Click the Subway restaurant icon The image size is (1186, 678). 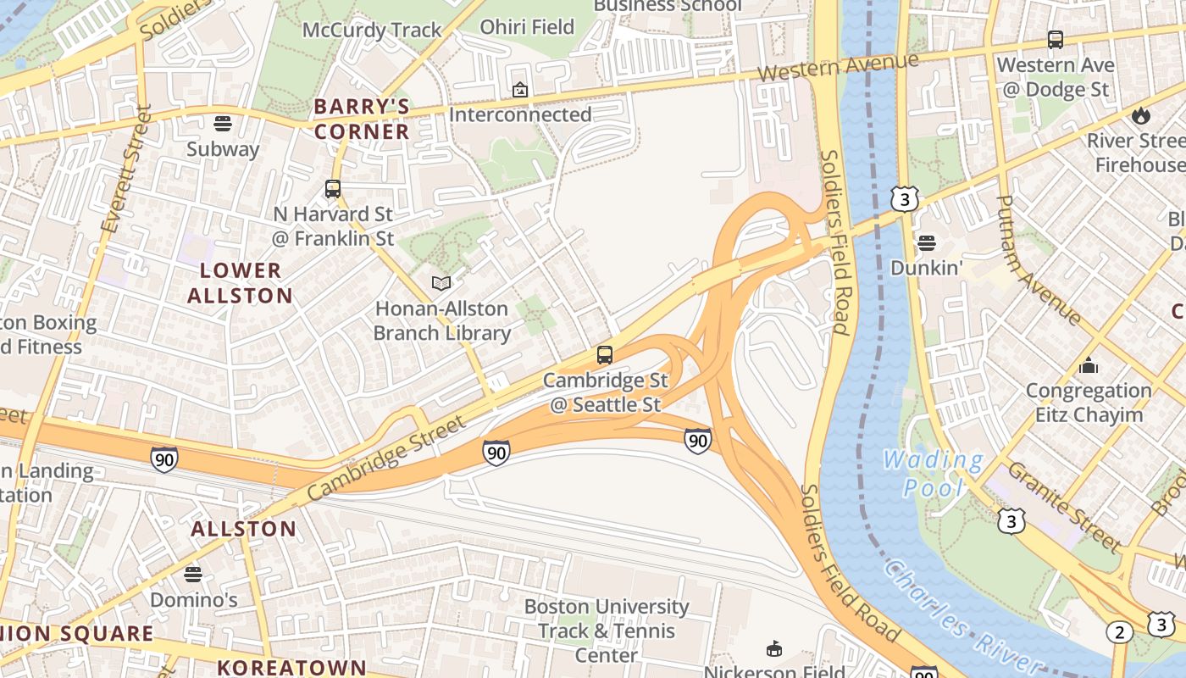pyautogui.click(x=223, y=124)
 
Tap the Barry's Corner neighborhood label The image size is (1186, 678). pyautogui.click(x=362, y=119)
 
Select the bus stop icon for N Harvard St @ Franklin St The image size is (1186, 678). pyautogui.click(x=333, y=189)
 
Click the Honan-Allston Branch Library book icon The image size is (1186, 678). pyautogui.click(x=441, y=283)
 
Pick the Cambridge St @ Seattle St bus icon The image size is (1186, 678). pyautogui.click(x=604, y=355)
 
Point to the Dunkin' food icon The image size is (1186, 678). pyautogui.click(x=927, y=243)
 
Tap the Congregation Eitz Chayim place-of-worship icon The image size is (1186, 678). pyautogui.click(x=1089, y=366)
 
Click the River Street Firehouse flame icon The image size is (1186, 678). pyautogui.click(x=1141, y=114)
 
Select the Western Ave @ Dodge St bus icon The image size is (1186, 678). pyautogui.click(x=1055, y=40)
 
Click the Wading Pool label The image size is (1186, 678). pyautogui.click(x=933, y=474)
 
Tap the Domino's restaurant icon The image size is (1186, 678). pyautogui.click(x=193, y=575)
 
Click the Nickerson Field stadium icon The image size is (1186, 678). pyautogui.click(x=773, y=649)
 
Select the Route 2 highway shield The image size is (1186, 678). pyautogui.click(x=1119, y=632)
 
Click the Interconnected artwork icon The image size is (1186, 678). pyautogui.click(x=519, y=89)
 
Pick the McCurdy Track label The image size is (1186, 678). pyautogui.click(x=372, y=31)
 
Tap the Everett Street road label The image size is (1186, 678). pyautogui.click(x=125, y=169)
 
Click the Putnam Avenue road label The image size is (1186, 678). pyautogui.click(x=1038, y=259)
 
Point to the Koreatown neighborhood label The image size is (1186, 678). pyautogui.click(x=291, y=667)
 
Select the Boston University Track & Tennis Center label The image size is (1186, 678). pyautogui.click(x=606, y=631)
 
